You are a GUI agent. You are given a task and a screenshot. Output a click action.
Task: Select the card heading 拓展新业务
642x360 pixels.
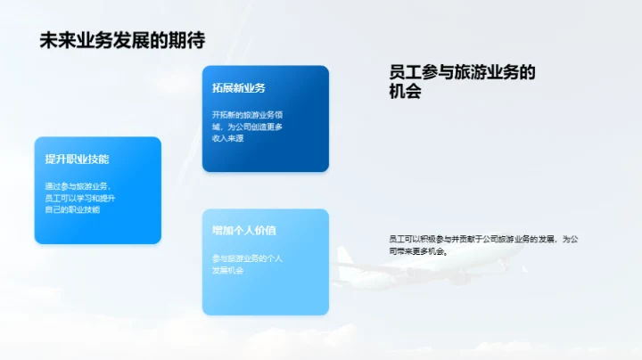pyautogui.click(x=239, y=87)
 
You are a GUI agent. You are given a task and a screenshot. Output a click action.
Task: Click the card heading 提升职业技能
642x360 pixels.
pyautogui.click(x=78, y=159)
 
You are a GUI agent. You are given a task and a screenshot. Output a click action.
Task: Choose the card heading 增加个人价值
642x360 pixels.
pyautogui.click(x=244, y=230)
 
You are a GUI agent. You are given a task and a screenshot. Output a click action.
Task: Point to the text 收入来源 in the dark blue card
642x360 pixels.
pyautogui.click(x=229, y=139)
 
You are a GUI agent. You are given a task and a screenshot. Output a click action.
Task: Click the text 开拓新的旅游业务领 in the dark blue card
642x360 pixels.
pyautogui.click(x=247, y=115)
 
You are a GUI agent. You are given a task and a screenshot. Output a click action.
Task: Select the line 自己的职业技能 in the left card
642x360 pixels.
pyautogui.click(x=73, y=209)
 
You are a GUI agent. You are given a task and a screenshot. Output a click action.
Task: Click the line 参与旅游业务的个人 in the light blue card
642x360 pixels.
pyautogui.click(x=247, y=258)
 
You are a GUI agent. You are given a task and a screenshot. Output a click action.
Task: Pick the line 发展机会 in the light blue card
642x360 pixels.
pyautogui.click(x=227, y=270)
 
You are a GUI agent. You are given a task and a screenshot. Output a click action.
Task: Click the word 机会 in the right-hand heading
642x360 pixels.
pyautogui.click(x=405, y=91)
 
